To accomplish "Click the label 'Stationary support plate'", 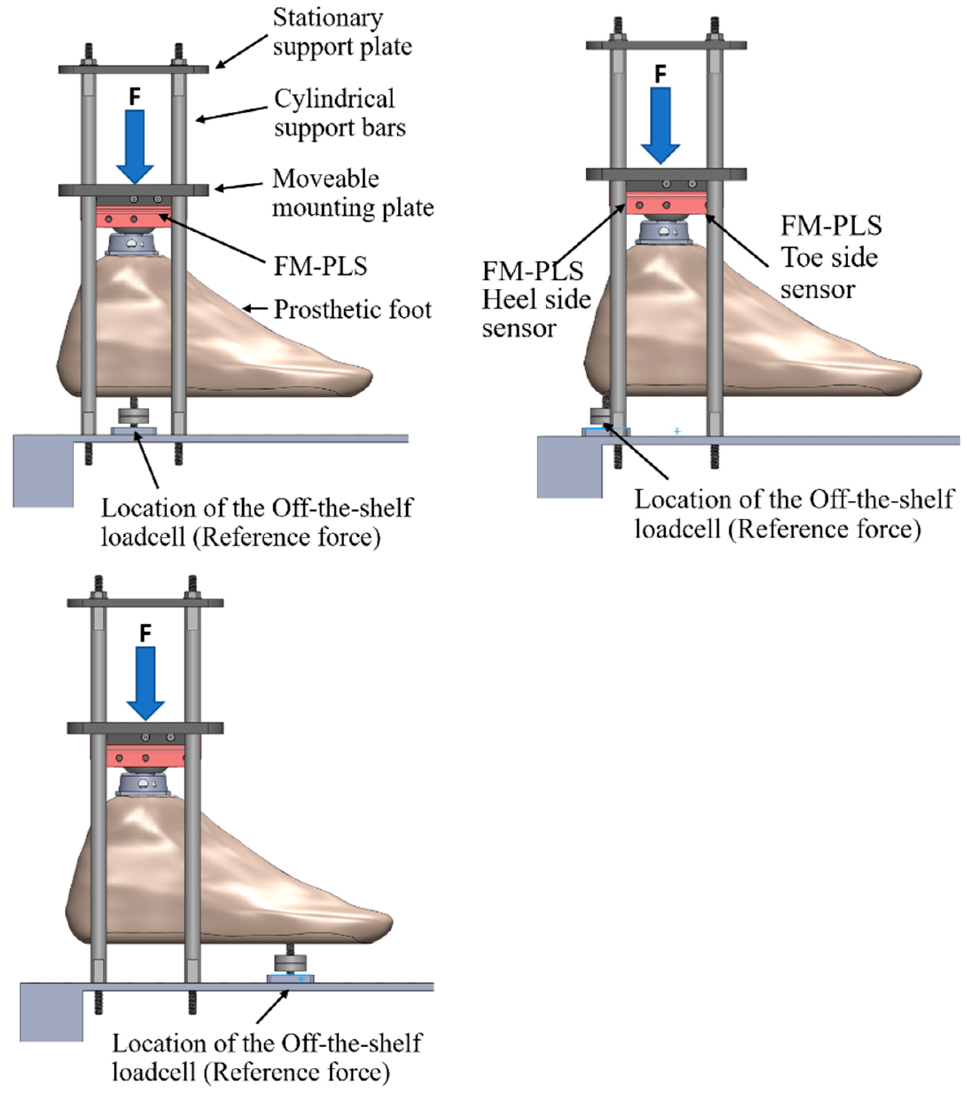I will coord(342,32).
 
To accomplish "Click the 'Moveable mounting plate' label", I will coord(352,193).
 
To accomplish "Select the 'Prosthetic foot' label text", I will coord(352,310).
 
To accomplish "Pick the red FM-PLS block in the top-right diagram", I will coord(666,205).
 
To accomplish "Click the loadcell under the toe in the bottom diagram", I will coord(290,966).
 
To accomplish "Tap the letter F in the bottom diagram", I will coord(145,633).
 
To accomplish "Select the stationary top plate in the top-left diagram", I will coord(133,69).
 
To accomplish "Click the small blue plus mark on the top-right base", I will coord(677,431).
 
